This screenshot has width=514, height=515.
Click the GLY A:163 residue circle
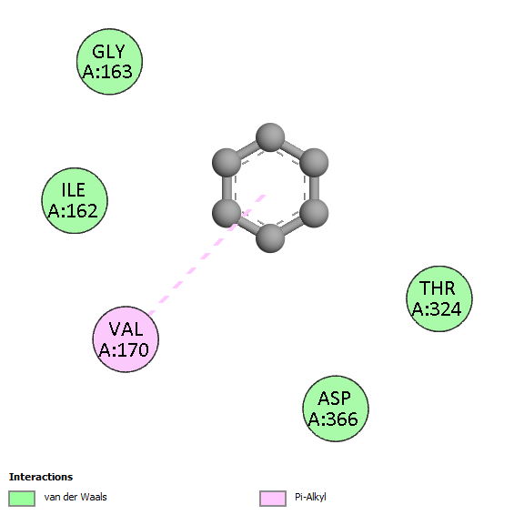point(109,62)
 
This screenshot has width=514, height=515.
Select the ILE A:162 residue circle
point(75,200)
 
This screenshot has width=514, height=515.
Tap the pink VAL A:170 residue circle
point(126,339)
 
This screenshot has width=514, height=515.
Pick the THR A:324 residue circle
point(439,298)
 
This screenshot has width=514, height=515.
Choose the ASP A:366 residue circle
point(336,409)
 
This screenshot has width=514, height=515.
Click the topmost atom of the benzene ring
point(270,137)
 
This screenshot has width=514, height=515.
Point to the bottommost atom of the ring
point(270,238)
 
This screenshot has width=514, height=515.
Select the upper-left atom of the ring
point(227,163)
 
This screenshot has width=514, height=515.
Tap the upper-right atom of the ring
point(314,163)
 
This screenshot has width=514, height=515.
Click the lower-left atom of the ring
point(227,213)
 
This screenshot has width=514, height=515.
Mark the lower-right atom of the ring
point(314,213)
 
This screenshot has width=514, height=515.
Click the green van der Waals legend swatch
point(22,499)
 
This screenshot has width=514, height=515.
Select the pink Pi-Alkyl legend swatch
point(273,499)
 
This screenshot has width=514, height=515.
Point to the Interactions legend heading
point(41,477)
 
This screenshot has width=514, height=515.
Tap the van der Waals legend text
point(76,497)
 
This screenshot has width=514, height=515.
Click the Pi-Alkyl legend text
point(310,498)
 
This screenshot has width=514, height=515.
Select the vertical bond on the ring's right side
point(314,187)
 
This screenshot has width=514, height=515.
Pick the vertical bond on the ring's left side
point(227,187)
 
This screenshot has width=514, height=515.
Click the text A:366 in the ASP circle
point(333,419)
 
